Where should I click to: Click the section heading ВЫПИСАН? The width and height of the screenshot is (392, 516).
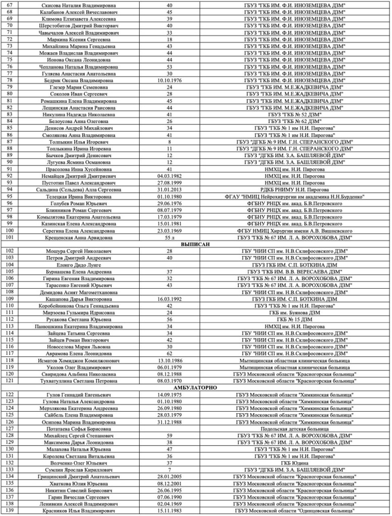click(195, 243)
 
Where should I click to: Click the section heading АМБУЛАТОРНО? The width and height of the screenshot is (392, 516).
click(195, 387)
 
